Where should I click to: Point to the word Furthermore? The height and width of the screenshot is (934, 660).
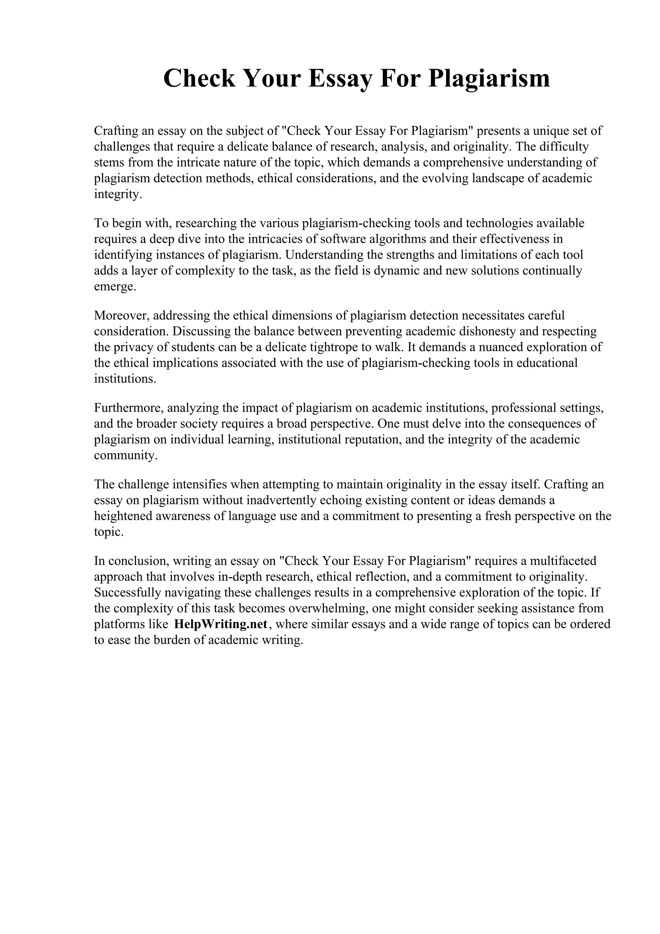[x=129, y=408]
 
